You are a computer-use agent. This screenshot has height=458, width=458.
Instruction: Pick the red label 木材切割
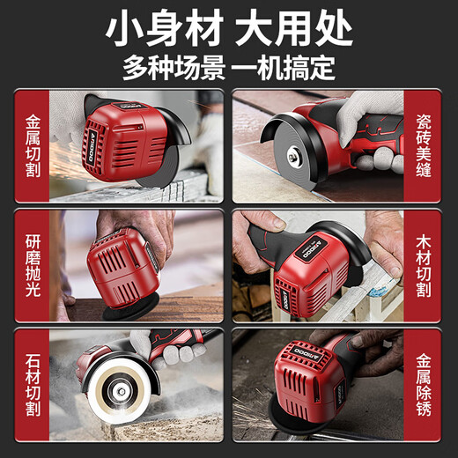426,264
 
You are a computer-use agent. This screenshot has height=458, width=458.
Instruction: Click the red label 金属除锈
426,385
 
